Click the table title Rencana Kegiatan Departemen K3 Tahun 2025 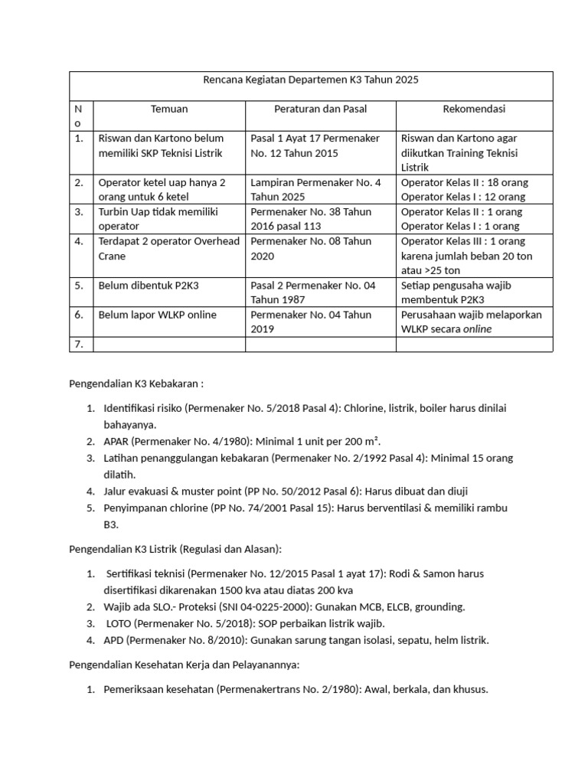[x=310, y=80]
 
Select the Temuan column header [x=169, y=109]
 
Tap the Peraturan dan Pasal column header [x=320, y=109]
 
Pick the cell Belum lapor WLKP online [x=157, y=315]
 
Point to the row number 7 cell [x=78, y=345]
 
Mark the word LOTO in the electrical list [x=121, y=623]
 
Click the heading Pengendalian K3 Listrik [x=175, y=548]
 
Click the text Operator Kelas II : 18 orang [x=464, y=183]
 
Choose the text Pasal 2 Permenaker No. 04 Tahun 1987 [x=313, y=292]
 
